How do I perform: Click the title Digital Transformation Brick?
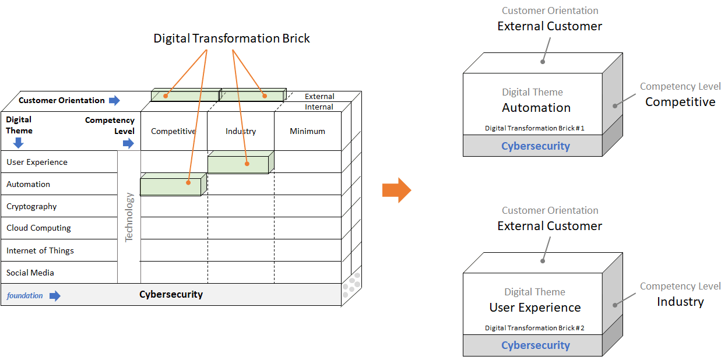(x=231, y=38)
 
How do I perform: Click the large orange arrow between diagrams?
(x=396, y=190)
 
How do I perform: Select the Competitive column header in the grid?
(x=173, y=131)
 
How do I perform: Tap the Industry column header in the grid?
(x=241, y=131)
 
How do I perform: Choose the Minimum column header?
(x=307, y=131)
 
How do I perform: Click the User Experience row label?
(x=37, y=162)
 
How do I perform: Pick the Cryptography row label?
(x=31, y=206)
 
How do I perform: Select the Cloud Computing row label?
(x=38, y=228)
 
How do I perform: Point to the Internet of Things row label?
(x=40, y=250)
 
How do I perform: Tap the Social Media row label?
(x=30, y=273)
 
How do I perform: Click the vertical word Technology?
(x=129, y=217)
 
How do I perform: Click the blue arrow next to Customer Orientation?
(x=114, y=100)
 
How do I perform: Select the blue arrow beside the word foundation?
(x=55, y=296)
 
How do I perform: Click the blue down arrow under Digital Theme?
(x=19, y=143)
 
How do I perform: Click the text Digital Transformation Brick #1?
(x=534, y=128)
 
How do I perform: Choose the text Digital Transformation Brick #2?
(x=534, y=328)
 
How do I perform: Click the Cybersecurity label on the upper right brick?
(x=536, y=146)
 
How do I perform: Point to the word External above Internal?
(x=319, y=96)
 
